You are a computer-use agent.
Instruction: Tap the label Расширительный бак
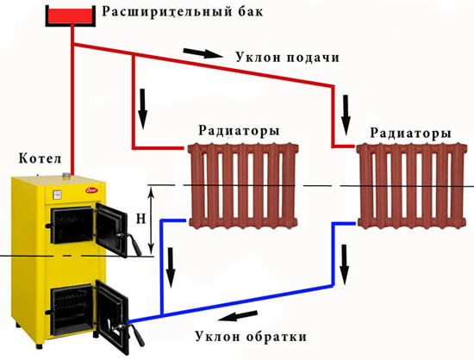[183, 12]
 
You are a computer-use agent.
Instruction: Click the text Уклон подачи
[288, 57]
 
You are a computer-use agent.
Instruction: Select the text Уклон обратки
[251, 337]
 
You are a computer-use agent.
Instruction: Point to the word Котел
[41, 158]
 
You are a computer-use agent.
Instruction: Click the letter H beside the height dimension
[140, 219]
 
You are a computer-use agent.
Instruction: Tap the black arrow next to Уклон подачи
[203, 53]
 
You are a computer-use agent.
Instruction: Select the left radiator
[243, 186]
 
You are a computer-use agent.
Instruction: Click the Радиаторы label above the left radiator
[239, 131]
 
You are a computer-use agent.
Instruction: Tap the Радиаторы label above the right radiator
[411, 133]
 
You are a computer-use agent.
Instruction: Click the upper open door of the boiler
[111, 228]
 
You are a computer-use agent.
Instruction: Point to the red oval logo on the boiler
[92, 190]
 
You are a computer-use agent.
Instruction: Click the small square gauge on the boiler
[57, 195]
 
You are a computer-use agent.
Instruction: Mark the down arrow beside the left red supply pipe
[143, 109]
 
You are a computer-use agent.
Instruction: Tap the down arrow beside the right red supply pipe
[346, 115]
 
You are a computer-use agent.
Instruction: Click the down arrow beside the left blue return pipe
[172, 268]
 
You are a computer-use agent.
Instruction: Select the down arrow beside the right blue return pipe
[345, 264]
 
